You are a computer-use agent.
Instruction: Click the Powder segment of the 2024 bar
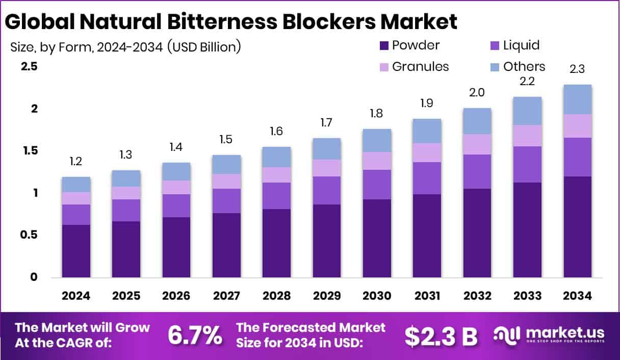pyautogui.click(x=76, y=251)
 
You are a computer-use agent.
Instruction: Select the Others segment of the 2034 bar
pyautogui.click(x=578, y=99)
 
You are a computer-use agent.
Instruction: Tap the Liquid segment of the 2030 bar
pyautogui.click(x=377, y=184)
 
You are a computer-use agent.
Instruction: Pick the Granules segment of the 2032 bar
pyautogui.click(x=477, y=144)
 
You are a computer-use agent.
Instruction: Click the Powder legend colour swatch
pyautogui.click(x=383, y=45)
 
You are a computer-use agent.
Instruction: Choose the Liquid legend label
pyautogui.click(x=521, y=45)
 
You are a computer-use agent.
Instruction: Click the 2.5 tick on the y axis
pyautogui.click(x=29, y=67)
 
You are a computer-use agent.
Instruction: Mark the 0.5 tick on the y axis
pyautogui.click(x=29, y=235)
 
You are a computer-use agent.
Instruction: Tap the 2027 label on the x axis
pyautogui.click(x=226, y=296)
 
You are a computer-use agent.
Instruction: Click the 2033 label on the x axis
pyautogui.click(x=528, y=296)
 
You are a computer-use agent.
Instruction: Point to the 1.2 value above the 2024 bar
pyautogui.click(x=76, y=162)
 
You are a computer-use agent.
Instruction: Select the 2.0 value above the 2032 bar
pyautogui.click(x=477, y=93)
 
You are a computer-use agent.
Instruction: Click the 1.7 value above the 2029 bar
pyautogui.click(x=327, y=123)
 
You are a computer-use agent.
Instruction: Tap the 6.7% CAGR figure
pyautogui.click(x=195, y=335)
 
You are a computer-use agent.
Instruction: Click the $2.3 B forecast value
pyautogui.click(x=441, y=335)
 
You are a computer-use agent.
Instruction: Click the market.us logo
pyautogui.click(x=550, y=335)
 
